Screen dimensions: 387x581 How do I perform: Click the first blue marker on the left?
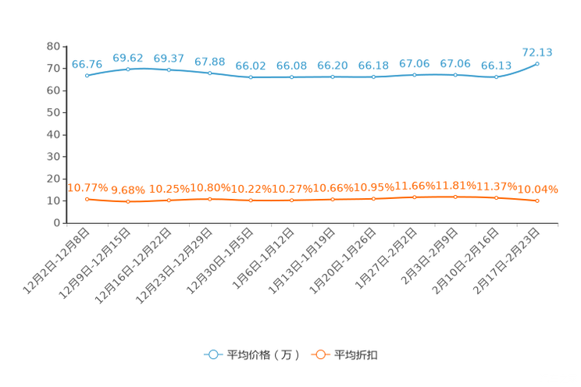coord(87,76)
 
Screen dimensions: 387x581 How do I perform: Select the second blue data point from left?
coord(128,69)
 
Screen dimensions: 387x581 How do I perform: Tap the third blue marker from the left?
coord(169,70)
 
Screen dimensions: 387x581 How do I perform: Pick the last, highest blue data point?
coord(537,64)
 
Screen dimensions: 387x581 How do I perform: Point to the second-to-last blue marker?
coord(496,77)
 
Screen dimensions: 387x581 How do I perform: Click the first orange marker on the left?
coord(87,200)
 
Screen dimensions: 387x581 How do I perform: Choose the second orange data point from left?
coord(128,203)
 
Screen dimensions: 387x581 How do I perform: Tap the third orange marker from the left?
coord(169,201)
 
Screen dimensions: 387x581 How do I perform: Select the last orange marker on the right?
coord(537,201)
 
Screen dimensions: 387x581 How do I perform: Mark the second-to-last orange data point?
coord(496,198)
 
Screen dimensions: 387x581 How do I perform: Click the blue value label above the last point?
coord(537,52)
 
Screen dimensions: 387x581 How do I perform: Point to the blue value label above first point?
coord(87,63)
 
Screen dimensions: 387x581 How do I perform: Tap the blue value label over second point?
coord(128,57)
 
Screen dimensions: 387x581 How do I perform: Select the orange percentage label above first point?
coord(87,186)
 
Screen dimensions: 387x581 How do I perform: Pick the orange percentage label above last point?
coord(539,188)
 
